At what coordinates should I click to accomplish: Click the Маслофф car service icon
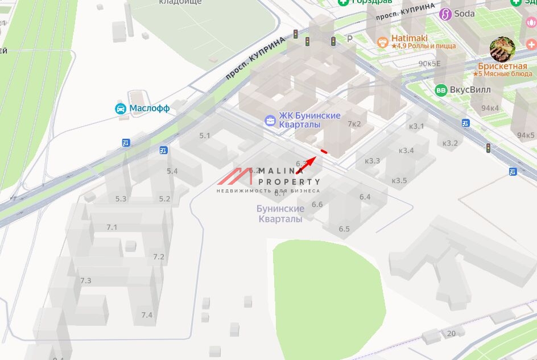[121, 109]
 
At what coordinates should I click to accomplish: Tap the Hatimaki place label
[409, 38]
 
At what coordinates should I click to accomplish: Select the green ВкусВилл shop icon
[441, 90]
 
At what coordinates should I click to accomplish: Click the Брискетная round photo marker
[502, 49]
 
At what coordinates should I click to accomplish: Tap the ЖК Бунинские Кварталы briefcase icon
[270, 120]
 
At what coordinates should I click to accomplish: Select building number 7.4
[147, 315]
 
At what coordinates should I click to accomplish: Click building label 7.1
[111, 227]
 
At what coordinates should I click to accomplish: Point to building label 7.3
[85, 281]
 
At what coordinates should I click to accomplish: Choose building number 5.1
[205, 136]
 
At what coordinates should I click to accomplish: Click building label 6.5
[344, 229]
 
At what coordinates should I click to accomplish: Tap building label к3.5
[399, 181]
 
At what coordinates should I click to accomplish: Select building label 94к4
[490, 108]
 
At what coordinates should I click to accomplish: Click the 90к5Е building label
[429, 64]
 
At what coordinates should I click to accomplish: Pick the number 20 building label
[451, 333]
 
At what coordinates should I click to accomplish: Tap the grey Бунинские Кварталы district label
[280, 214]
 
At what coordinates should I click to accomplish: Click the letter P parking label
[350, 39]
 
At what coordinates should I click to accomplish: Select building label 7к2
[354, 124]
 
